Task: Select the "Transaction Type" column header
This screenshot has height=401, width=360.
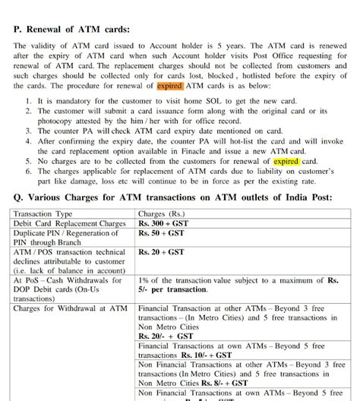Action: pyautogui.click(x=43, y=215)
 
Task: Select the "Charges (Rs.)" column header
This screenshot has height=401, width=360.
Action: pyautogui.click(x=165, y=215)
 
